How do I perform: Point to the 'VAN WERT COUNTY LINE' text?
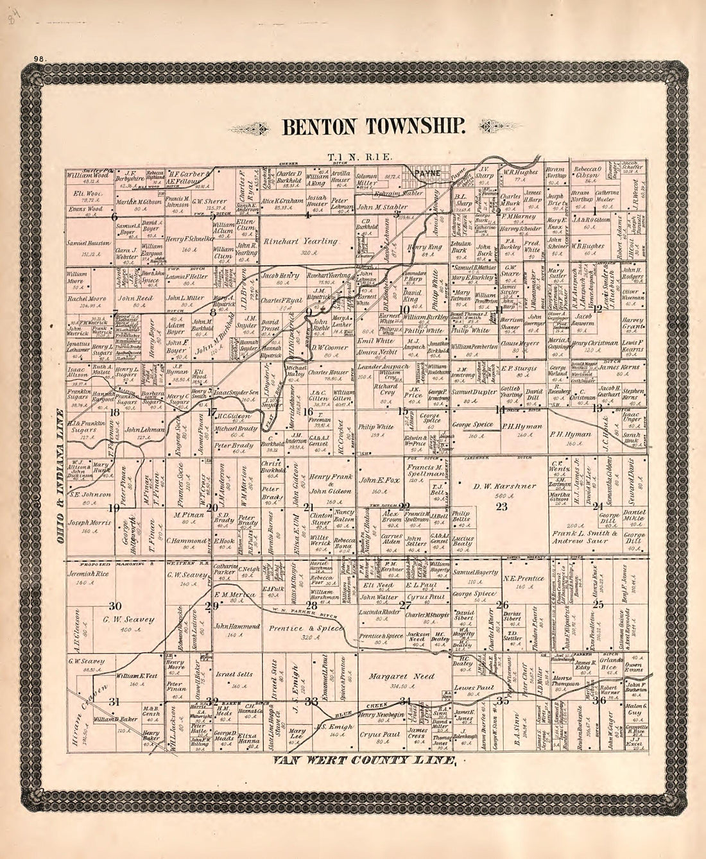[x=365, y=761]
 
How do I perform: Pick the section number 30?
[x=115, y=606]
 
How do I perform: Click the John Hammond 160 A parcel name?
[x=237, y=625]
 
